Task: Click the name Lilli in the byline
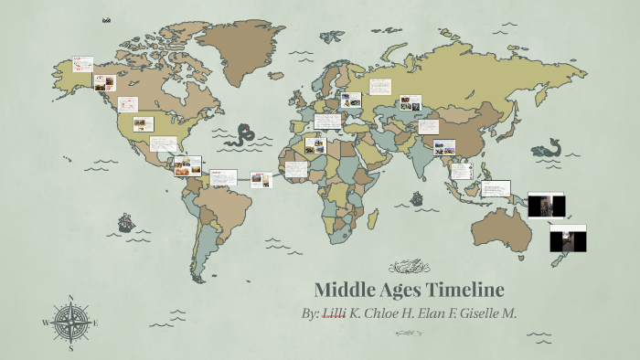pos(335,313)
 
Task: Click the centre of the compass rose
pos(70,323)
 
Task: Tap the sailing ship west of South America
pos(125,222)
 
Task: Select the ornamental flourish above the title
pos(409,267)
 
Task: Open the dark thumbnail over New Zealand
pos(567,238)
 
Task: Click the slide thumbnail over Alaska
pos(82,64)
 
